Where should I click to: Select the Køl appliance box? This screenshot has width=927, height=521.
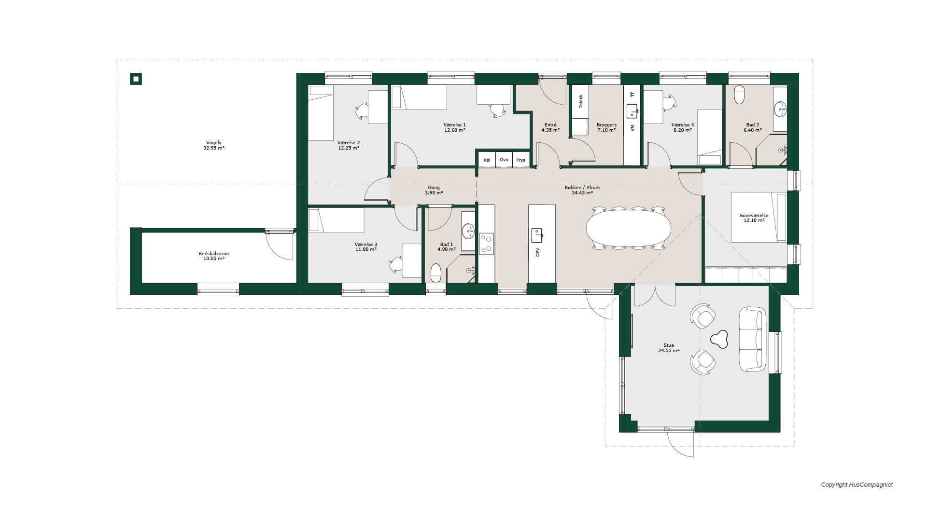click(487, 160)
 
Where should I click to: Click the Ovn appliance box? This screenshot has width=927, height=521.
click(504, 160)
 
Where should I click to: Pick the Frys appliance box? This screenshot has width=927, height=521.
click(520, 160)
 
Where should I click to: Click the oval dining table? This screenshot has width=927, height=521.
click(629, 228)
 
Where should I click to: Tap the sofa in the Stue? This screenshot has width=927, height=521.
click(752, 339)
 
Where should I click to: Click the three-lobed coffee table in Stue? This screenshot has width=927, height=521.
click(719, 339)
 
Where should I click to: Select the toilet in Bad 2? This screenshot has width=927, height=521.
click(739, 95)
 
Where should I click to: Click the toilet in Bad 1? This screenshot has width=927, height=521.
click(436, 273)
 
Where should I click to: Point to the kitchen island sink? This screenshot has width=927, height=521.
click(537, 235)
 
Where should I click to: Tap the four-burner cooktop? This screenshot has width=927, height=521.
click(486, 244)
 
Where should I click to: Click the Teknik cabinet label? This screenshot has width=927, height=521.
click(581, 101)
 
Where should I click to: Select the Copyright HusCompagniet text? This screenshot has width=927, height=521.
click(857, 485)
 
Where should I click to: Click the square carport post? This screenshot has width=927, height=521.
click(136, 79)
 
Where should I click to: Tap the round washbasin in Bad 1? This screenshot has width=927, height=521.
click(468, 232)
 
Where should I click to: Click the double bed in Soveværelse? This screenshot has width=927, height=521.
click(759, 217)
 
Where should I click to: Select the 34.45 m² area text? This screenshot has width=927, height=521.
click(582, 193)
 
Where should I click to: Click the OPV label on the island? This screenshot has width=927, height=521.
click(537, 252)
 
